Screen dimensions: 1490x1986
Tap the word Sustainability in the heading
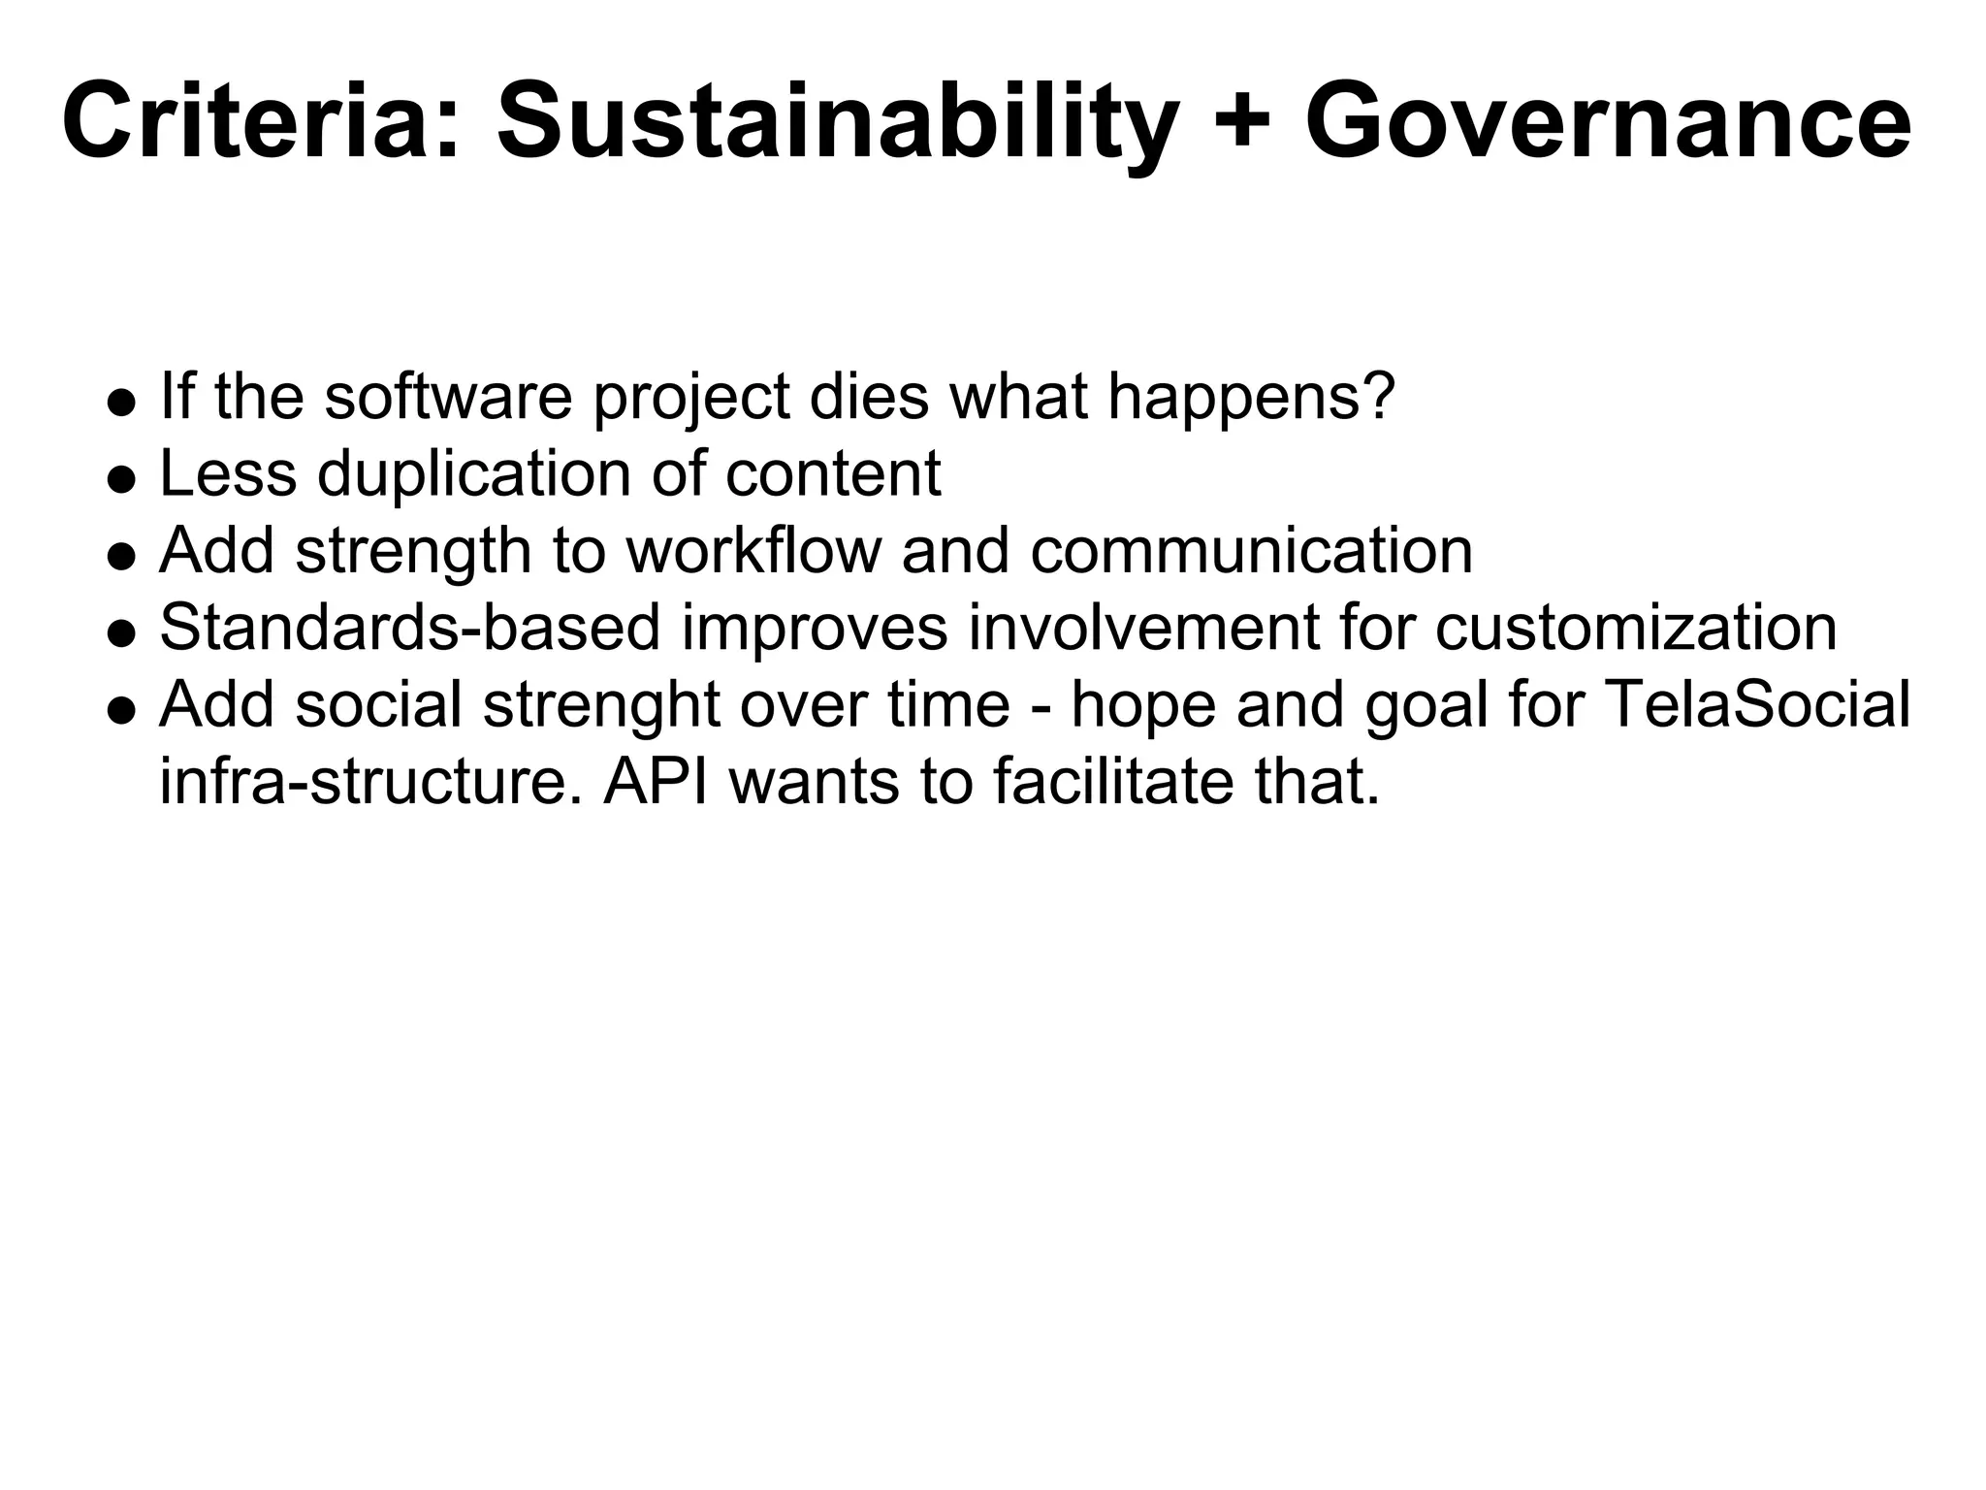[x=837, y=124]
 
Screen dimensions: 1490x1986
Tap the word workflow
[x=753, y=550]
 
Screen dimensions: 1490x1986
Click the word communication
[x=1251, y=550]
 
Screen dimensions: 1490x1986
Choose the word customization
[x=1636, y=627]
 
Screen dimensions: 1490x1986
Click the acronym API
[x=657, y=781]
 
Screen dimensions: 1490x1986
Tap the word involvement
[x=1143, y=627]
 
